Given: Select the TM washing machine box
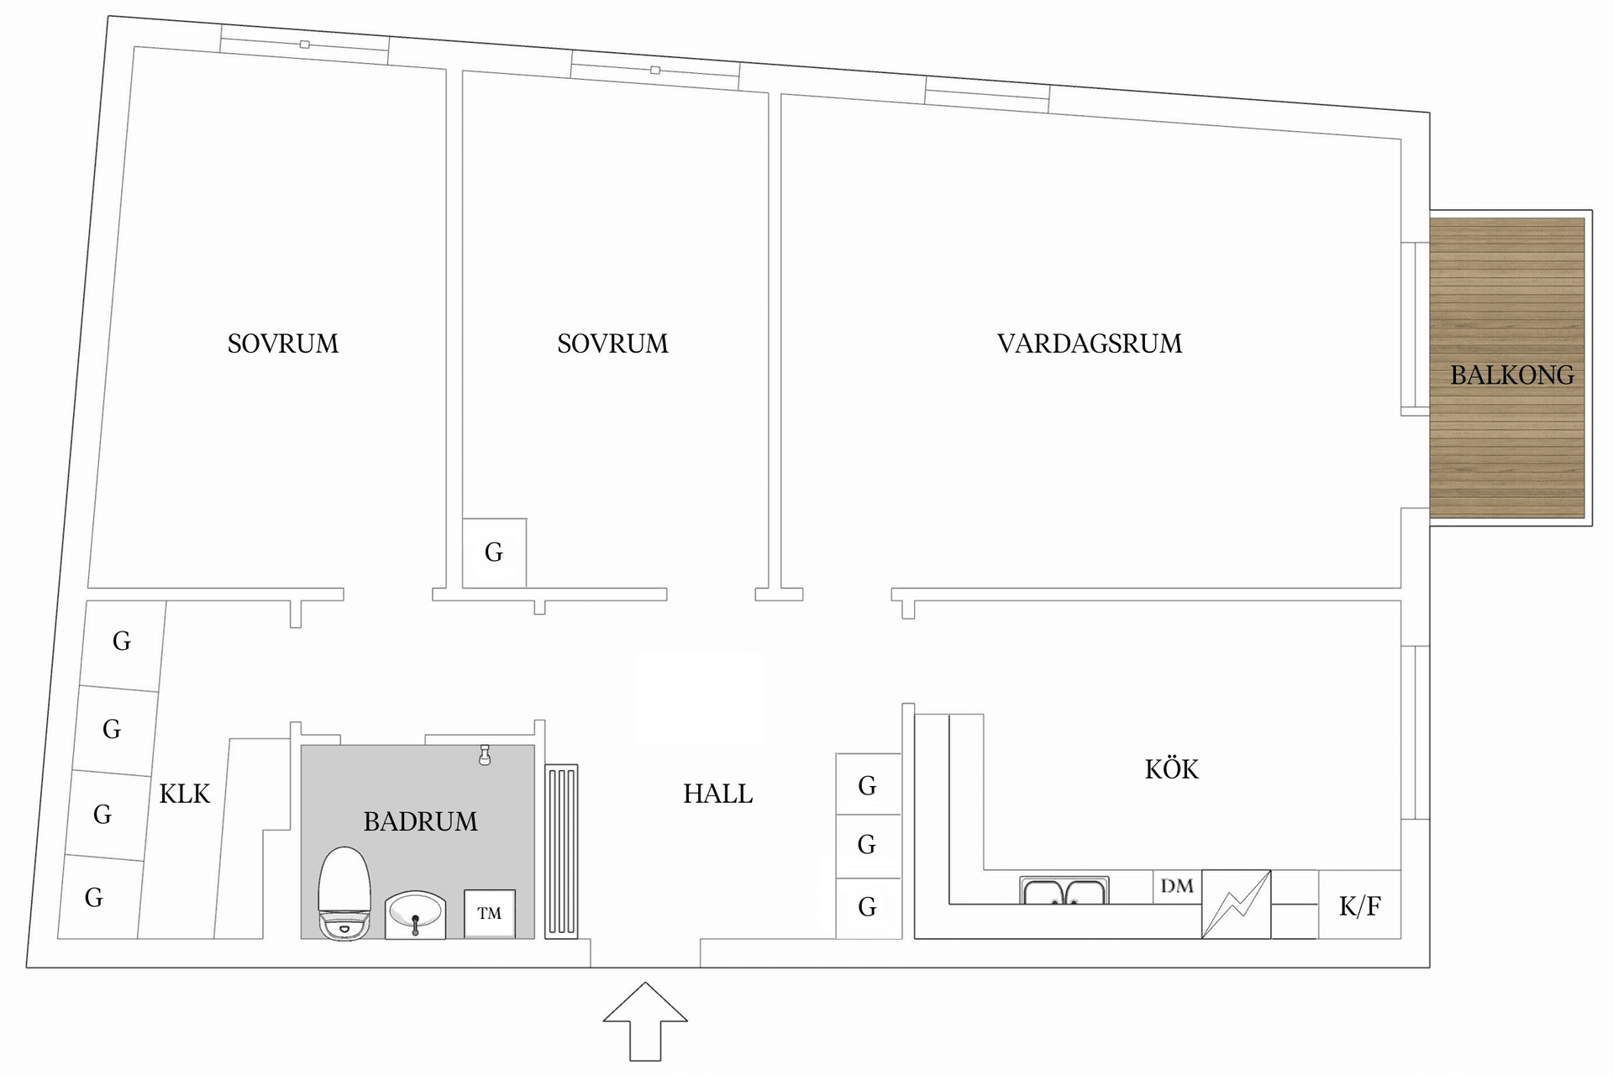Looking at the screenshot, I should point(490,913).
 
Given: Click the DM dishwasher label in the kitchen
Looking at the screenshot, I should point(1176,886).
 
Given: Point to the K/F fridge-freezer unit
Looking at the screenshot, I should point(1359,905).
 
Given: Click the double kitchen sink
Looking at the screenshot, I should point(1064,891).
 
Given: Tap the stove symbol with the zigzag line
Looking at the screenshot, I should point(1236,904).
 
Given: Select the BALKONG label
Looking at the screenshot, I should point(1511,375).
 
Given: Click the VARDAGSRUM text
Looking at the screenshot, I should point(1089,343).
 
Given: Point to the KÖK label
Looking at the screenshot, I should point(1171,769).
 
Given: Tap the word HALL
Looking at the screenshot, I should point(717,794).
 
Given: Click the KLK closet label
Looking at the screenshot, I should point(185,794).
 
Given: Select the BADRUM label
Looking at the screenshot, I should point(420,821).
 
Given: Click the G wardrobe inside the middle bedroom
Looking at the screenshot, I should point(494,553).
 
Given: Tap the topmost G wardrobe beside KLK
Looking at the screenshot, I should point(123,642).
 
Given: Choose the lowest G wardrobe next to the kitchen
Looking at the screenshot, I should point(868,907).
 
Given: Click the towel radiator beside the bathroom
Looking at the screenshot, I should point(561,850).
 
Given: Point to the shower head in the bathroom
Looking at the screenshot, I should point(485,755).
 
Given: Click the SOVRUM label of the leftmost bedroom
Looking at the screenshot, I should point(283,343).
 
